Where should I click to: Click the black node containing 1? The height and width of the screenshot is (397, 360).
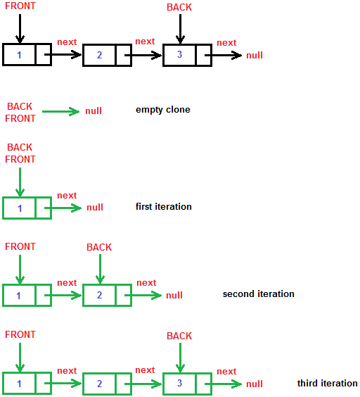27,55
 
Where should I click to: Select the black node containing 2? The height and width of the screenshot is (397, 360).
108,55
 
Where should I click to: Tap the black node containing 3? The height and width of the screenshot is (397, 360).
187,55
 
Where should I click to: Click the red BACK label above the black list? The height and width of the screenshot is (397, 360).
179,8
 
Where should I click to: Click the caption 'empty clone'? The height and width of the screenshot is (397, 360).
162,110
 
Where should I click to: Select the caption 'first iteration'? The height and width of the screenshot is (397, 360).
163,207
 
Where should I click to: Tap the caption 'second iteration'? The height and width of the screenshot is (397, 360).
258,294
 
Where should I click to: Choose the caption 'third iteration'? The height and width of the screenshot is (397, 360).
327,384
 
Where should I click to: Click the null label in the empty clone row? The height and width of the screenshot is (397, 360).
94,111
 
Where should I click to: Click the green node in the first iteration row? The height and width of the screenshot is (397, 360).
27,208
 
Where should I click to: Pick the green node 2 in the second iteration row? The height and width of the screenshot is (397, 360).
107,296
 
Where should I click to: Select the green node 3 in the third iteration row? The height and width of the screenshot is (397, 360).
187,384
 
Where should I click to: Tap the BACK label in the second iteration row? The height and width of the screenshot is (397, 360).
99,248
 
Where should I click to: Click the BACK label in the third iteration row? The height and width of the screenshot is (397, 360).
179,336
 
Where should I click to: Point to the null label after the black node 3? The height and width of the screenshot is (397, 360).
255,56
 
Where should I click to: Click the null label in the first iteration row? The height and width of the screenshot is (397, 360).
95,208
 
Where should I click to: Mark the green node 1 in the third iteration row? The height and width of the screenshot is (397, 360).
27,384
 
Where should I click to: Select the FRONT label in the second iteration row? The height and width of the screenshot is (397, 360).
20,247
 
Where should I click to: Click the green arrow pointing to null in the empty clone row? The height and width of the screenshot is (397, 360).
60,111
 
